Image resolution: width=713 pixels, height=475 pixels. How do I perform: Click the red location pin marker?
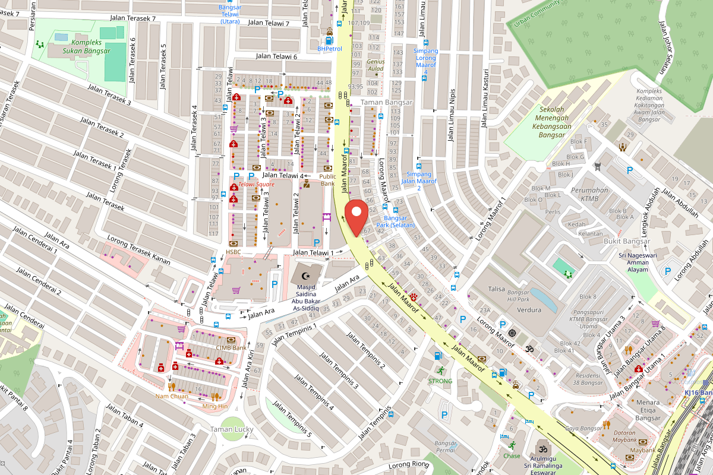pos(356,217)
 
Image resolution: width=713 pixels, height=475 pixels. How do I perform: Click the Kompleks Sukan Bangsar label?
pos(91,47)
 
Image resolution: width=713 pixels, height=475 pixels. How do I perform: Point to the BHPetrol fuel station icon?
pos(329,40)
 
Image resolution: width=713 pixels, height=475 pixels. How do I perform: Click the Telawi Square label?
pos(256,185)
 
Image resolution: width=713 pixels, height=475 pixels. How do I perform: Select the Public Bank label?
pos(327,180)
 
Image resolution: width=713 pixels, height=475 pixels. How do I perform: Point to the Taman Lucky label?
pos(232,429)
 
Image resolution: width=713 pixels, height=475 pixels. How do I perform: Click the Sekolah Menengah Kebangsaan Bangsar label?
pos(551,122)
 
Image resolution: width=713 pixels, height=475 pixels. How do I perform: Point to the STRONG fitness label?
pos(440,381)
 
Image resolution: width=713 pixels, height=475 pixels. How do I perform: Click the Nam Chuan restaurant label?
pos(172,396)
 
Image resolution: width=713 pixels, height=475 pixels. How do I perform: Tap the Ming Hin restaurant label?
pos(214,406)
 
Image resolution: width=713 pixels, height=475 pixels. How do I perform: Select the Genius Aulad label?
pos(376,65)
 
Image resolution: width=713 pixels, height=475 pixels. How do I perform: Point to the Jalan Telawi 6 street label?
pos(276,56)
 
